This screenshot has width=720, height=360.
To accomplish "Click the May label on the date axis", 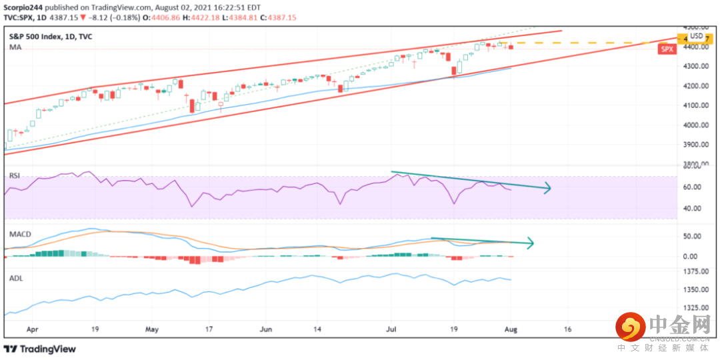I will point(152,329).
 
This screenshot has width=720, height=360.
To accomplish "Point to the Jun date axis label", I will point(266,329).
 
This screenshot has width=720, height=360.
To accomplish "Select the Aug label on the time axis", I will point(511,329).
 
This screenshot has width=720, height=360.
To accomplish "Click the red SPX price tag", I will point(666,49).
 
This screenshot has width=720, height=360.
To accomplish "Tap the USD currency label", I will point(697,36).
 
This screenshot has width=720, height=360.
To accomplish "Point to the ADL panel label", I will point(15,278).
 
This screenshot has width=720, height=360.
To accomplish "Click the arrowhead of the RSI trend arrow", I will point(548,188).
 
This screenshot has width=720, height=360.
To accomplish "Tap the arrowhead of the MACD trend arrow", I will point(531,243).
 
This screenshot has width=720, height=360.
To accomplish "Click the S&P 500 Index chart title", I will point(51,37).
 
